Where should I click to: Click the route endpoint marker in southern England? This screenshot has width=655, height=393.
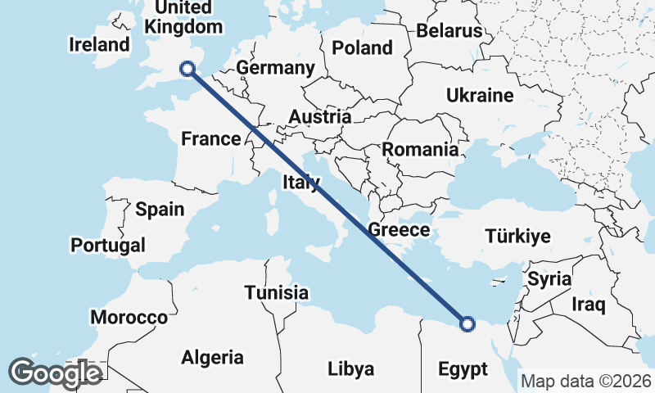187,70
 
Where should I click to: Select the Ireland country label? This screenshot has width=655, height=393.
100,44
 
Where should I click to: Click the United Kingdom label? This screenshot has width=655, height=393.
183,17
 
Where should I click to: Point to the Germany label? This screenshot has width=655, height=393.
274,68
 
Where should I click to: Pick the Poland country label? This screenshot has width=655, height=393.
362,48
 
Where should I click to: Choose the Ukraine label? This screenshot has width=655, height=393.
480,96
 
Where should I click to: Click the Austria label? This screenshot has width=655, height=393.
319,117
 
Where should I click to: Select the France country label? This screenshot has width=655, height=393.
210,139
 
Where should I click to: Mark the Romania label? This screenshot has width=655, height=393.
420,150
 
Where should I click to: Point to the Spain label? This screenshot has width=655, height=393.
160,210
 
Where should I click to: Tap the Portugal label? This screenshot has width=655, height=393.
108,245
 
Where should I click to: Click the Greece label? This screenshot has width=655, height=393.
399,230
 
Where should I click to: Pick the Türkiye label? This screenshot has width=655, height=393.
517,237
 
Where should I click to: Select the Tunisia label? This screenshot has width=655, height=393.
277,292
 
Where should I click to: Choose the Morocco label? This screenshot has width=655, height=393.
129,318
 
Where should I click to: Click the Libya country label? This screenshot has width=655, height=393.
350,368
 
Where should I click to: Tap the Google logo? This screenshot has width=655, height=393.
55,373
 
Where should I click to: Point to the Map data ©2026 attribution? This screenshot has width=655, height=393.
585,382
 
